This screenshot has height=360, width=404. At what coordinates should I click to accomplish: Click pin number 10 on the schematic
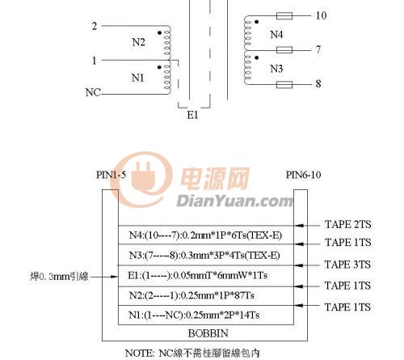click(321, 15)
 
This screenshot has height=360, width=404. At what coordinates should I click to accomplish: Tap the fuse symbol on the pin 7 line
click(284, 50)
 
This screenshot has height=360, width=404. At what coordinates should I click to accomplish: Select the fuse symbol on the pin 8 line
click(284, 85)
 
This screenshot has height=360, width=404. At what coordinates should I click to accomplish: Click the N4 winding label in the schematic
click(276, 35)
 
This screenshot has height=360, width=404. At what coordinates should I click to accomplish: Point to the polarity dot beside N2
click(159, 33)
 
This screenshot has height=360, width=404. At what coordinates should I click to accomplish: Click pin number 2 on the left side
click(95, 26)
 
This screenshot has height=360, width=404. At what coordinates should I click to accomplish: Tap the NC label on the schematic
click(93, 92)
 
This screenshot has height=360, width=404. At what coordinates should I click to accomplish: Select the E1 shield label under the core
click(193, 115)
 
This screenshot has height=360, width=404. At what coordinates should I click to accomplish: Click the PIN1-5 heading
click(112, 175)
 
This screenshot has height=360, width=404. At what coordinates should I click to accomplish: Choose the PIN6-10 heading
click(303, 175)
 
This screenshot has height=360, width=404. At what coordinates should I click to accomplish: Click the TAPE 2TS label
click(348, 224)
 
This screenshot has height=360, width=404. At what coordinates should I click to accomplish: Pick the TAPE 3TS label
click(347, 265)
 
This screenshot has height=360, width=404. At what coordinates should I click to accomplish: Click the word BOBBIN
click(208, 333)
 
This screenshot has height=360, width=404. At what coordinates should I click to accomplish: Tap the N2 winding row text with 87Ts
click(191, 295)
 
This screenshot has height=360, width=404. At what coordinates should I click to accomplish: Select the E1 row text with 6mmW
click(197, 276)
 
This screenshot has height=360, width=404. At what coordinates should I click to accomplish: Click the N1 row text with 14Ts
click(194, 315)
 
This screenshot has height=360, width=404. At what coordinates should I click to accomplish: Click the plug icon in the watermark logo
click(144, 176)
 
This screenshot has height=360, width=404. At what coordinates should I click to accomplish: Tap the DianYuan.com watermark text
click(234, 201)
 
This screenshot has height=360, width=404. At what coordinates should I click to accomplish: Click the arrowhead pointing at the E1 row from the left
click(114, 277)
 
